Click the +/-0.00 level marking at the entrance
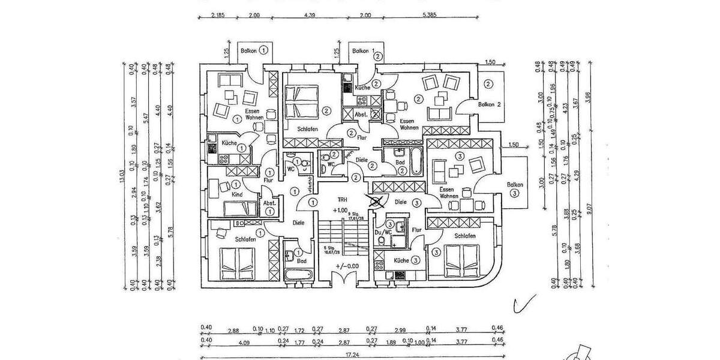346,266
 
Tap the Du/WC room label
383,231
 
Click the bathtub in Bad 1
298,274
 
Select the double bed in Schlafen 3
462,260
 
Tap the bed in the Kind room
240,208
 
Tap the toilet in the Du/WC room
382,241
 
